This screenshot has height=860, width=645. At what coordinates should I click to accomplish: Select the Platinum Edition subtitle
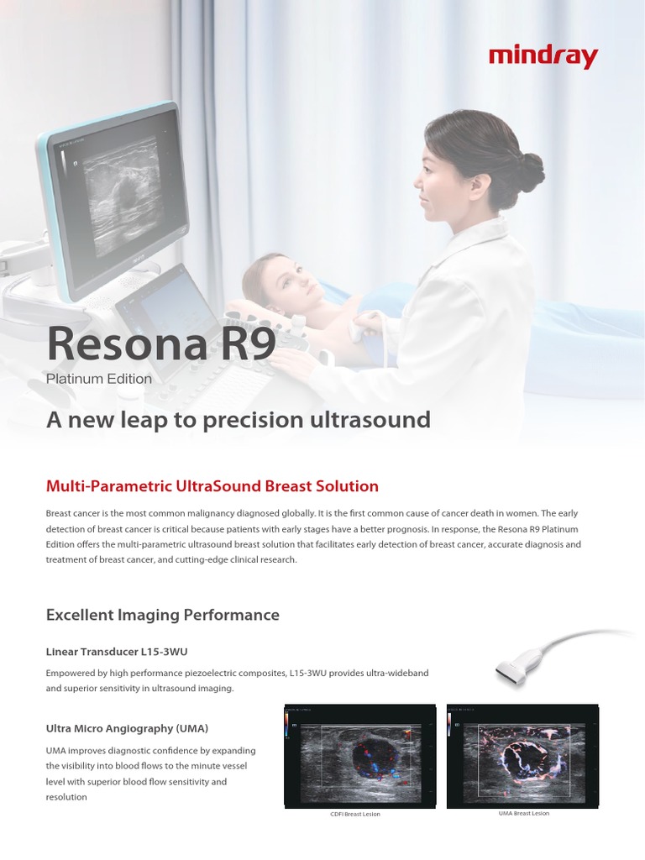click(x=99, y=379)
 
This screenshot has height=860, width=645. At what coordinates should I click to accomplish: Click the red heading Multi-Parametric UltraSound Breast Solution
click(x=212, y=486)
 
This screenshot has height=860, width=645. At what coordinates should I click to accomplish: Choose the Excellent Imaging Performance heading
click(x=162, y=615)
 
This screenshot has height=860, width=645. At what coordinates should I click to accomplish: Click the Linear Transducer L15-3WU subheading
click(x=123, y=651)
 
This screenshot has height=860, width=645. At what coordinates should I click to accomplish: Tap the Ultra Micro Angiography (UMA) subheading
click(x=127, y=727)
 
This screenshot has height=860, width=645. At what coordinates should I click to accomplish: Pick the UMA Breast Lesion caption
click(x=524, y=814)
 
